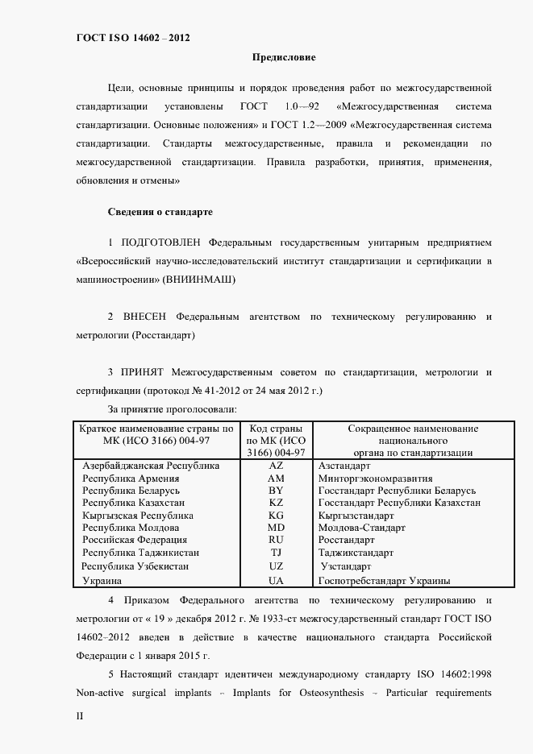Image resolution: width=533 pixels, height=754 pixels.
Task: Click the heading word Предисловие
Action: pos(284,58)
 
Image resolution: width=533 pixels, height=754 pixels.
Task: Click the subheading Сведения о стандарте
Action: pos(160,212)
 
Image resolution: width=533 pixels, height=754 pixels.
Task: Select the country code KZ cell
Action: pos(276,503)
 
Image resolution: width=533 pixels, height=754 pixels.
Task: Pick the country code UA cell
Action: pos(276,580)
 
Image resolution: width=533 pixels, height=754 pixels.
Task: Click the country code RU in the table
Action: pos(276,540)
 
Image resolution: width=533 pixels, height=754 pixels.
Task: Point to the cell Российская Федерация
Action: pos(135,540)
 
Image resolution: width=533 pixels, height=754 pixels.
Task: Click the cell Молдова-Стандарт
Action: pos(362,528)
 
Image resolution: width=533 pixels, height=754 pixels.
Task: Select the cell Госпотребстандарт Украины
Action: pos(385,580)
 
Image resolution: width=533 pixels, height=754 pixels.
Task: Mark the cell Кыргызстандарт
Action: pos(356,516)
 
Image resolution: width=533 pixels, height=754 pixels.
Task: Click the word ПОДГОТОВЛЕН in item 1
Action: pos(161,242)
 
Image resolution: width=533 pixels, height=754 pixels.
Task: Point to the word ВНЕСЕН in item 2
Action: pos(146,317)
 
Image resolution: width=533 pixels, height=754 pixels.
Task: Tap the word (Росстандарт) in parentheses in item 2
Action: pos(164,335)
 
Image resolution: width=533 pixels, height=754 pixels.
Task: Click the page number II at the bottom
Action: pos(80,715)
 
